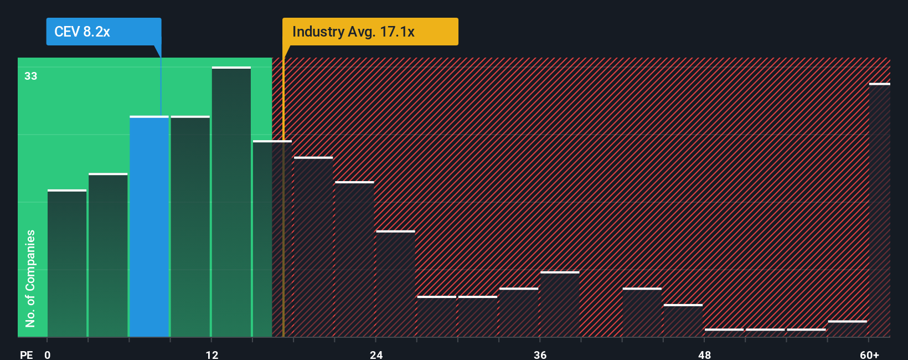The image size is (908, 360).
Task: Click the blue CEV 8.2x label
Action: [x=104, y=32]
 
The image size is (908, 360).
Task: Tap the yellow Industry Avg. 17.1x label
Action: [x=370, y=32]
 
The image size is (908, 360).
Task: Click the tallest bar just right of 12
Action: [x=231, y=202]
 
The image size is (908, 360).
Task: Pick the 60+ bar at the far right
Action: [x=879, y=210]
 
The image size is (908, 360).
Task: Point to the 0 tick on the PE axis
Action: [x=48, y=354]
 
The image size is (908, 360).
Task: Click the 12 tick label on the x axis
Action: [x=212, y=354]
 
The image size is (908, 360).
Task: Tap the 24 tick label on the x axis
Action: [x=376, y=354]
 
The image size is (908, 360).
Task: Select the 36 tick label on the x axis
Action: [x=540, y=354]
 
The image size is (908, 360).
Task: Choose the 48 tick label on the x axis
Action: [x=704, y=354]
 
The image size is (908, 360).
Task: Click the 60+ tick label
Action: [x=869, y=354]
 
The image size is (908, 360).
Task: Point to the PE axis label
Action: [x=27, y=354]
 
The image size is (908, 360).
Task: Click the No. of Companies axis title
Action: [x=30, y=278]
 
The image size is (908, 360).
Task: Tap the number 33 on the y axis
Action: [x=31, y=76]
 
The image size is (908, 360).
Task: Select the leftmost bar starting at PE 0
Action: [x=67, y=263]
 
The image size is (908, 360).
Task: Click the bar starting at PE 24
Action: [x=395, y=284]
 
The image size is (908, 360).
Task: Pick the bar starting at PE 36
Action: [x=560, y=304]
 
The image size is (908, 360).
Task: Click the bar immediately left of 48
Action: [x=683, y=321]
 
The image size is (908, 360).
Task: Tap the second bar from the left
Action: [x=108, y=255]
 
